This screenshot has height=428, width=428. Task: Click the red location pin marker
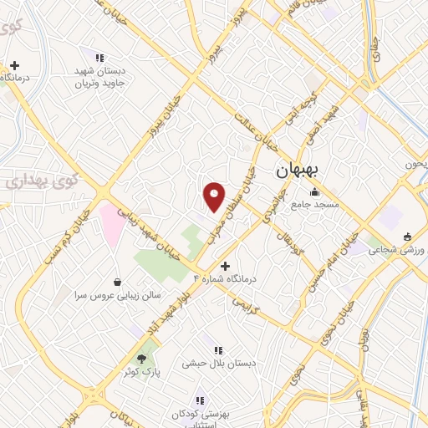(x=215, y=196)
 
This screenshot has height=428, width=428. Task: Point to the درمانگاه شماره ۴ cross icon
(x=224, y=265)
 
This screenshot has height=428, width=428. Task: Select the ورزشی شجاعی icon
(x=407, y=236)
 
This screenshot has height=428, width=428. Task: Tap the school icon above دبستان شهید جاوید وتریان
(x=99, y=58)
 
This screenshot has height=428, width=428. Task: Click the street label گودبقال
(x=287, y=234)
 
